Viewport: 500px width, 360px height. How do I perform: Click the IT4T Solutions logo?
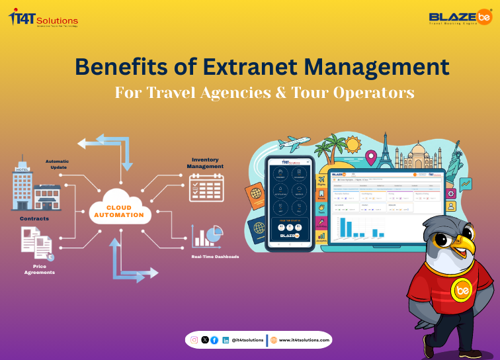pos(44,19)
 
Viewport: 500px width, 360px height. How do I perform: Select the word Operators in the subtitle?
pos(373,92)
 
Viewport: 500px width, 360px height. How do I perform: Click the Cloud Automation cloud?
pos(120,211)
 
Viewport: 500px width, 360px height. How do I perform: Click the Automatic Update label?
pos(57,164)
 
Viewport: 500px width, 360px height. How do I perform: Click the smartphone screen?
pos(290,202)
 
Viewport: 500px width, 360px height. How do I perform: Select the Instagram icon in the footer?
pos(194,339)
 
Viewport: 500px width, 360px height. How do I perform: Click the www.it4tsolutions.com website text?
pos(305,339)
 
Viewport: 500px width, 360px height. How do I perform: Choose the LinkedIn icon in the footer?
pos(226,339)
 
